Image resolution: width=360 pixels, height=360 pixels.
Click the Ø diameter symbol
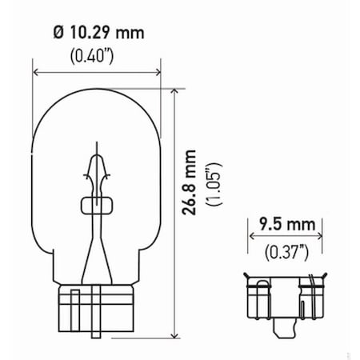58,35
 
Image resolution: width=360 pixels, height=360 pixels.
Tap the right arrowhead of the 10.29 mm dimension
158,73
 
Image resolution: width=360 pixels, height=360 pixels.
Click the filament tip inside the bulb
97,152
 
